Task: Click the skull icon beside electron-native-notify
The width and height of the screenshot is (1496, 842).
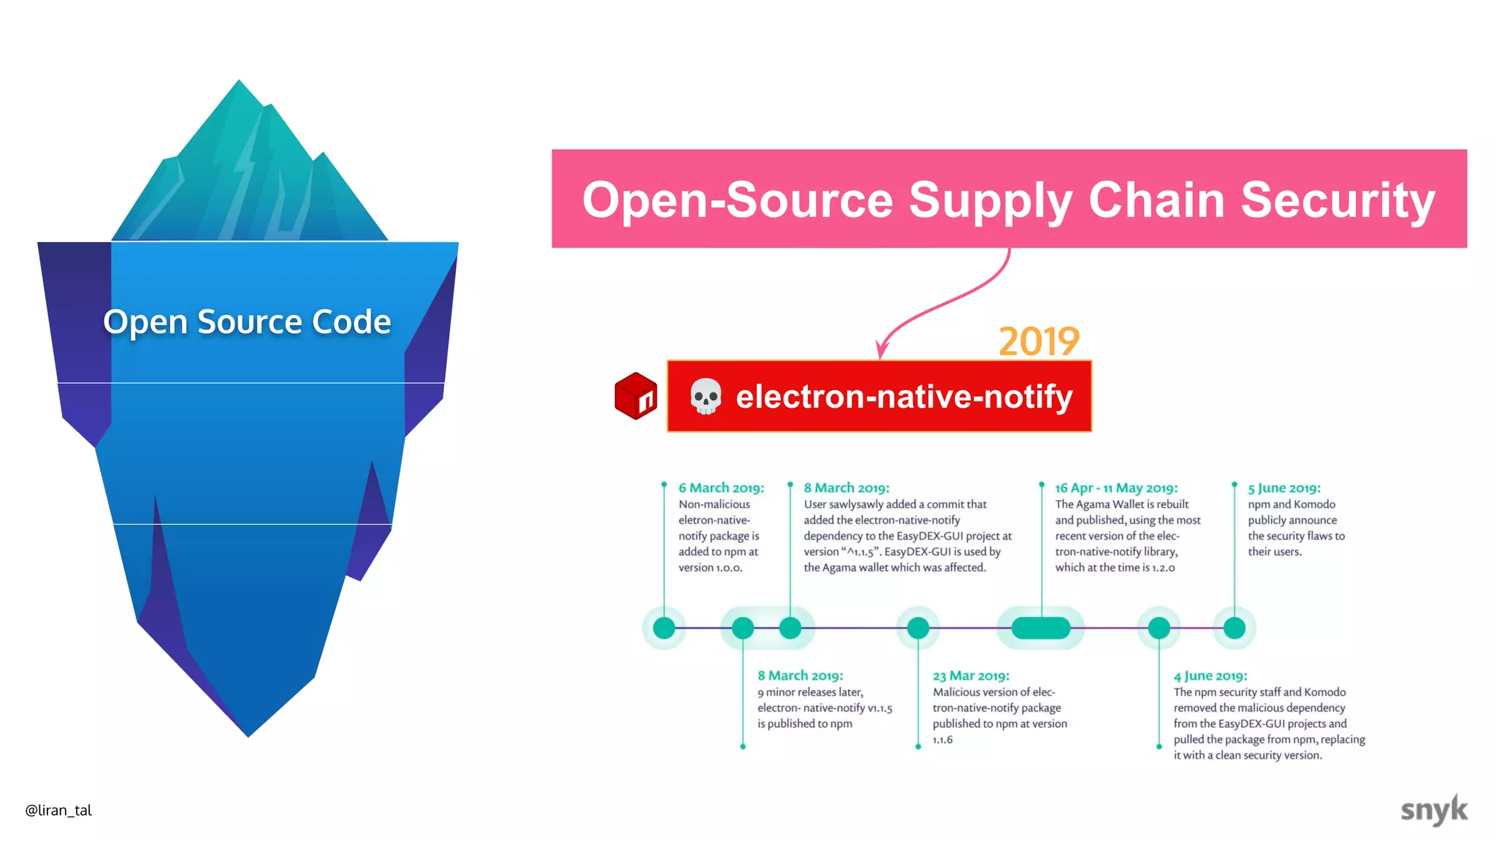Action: (706, 396)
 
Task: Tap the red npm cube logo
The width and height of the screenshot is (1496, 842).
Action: (636, 395)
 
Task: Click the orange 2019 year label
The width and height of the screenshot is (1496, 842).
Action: (1039, 341)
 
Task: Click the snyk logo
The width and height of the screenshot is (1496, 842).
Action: (1433, 810)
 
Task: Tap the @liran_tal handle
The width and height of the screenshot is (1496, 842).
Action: (58, 810)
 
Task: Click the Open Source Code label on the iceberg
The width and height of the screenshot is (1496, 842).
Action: (247, 322)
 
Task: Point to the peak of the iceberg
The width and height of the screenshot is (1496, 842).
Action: (239, 83)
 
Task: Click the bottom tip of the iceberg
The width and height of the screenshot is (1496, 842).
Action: (248, 734)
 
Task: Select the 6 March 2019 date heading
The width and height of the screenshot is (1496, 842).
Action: (721, 488)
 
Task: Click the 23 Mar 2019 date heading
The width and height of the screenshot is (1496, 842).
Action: (971, 676)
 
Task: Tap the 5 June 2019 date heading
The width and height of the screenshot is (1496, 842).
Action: (1284, 488)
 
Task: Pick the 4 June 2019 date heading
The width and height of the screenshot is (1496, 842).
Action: (1210, 676)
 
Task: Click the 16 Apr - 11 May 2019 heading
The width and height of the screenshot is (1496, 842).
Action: (1116, 488)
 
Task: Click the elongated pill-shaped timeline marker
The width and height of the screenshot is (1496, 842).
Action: (1041, 628)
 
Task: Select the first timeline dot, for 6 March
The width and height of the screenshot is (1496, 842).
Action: (664, 628)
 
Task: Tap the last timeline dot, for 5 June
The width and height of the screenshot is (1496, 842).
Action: (1234, 628)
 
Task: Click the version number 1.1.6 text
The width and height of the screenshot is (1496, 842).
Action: (942, 740)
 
